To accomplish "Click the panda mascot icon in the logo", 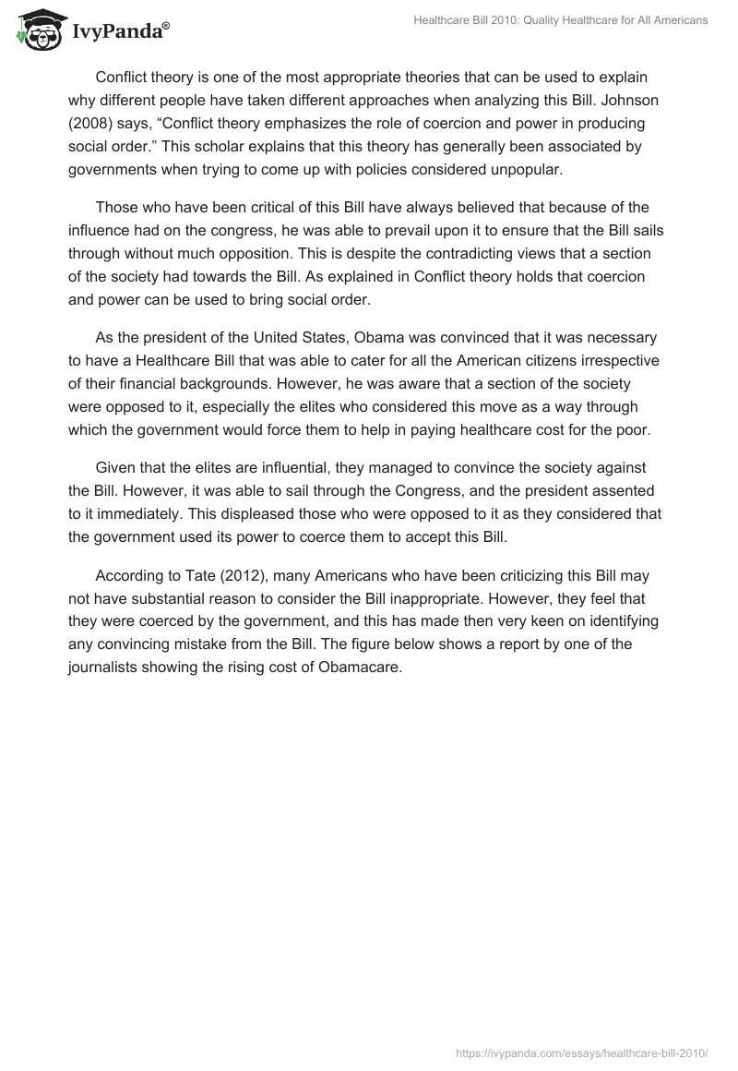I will tap(38, 27).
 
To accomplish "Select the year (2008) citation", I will tap(95, 123).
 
